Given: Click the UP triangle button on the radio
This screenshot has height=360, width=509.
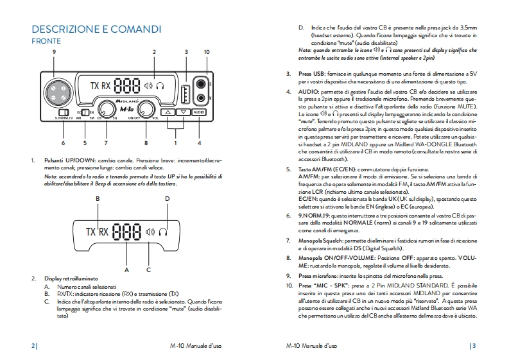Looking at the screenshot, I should (x=168, y=112).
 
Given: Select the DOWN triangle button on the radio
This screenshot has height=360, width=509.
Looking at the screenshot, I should (x=183, y=112).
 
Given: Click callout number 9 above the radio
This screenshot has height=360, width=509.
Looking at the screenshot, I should (x=55, y=51).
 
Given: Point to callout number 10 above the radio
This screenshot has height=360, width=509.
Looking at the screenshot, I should (x=205, y=51).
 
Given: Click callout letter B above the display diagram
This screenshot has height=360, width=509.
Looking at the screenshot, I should (x=98, y=199).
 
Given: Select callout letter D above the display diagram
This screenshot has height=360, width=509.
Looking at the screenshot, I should (x=167, y=199).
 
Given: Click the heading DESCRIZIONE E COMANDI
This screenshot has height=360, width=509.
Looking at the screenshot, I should (x=96, y=30).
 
